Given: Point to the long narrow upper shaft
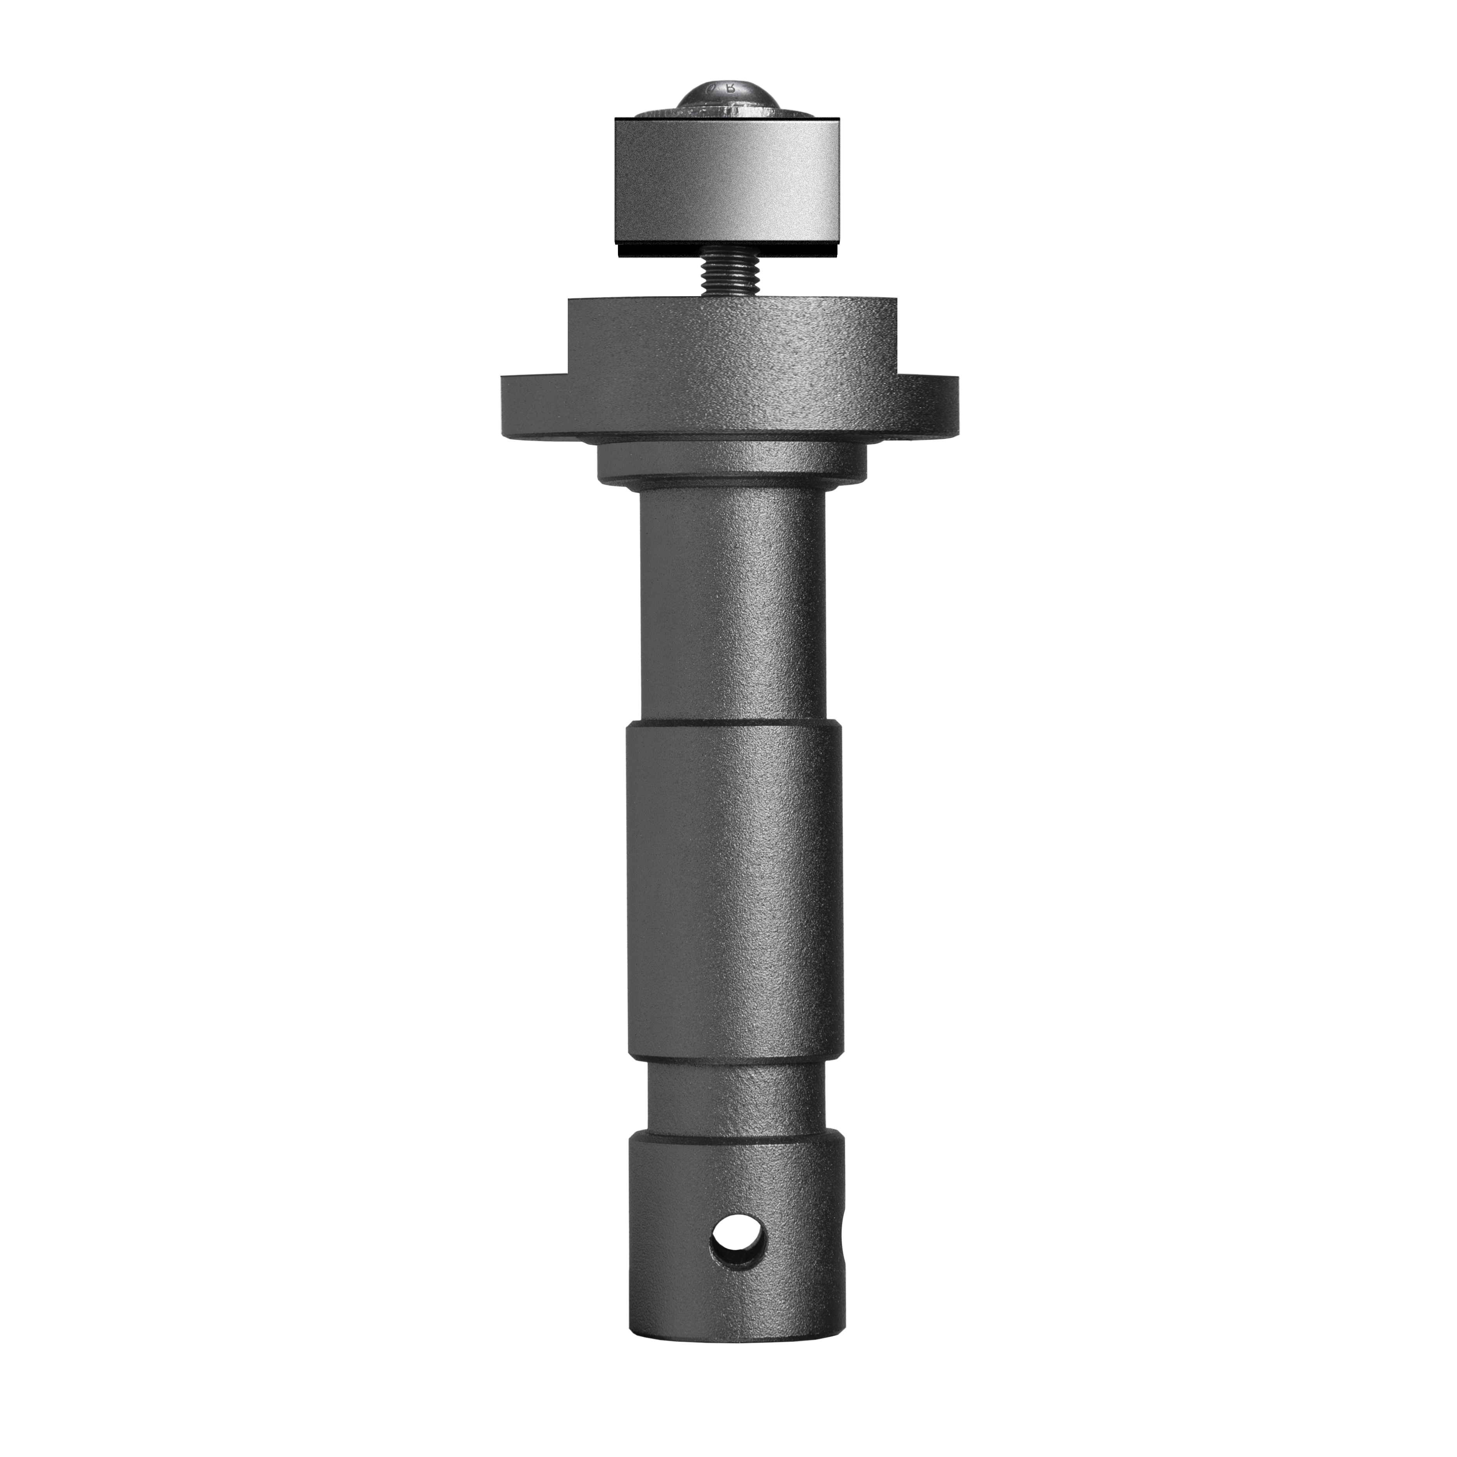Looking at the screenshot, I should pos(732,603).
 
